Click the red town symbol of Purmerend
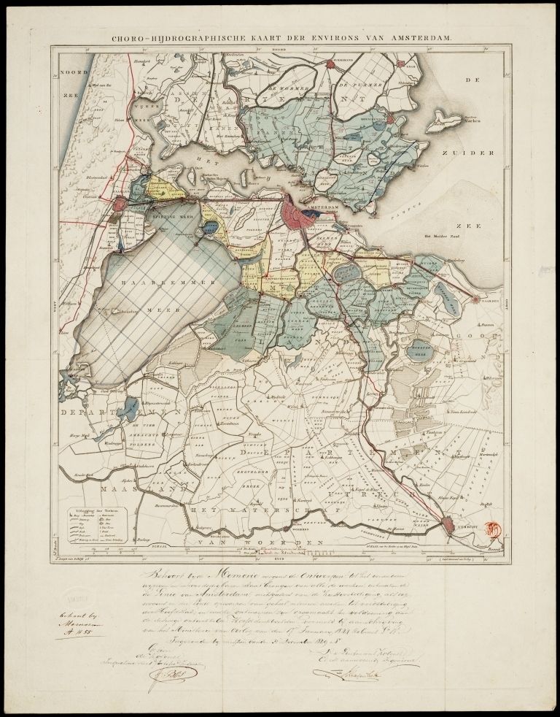pyautogui.click(x=330, y=64)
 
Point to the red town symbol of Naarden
pyautogui.click(x=477, y=299)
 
